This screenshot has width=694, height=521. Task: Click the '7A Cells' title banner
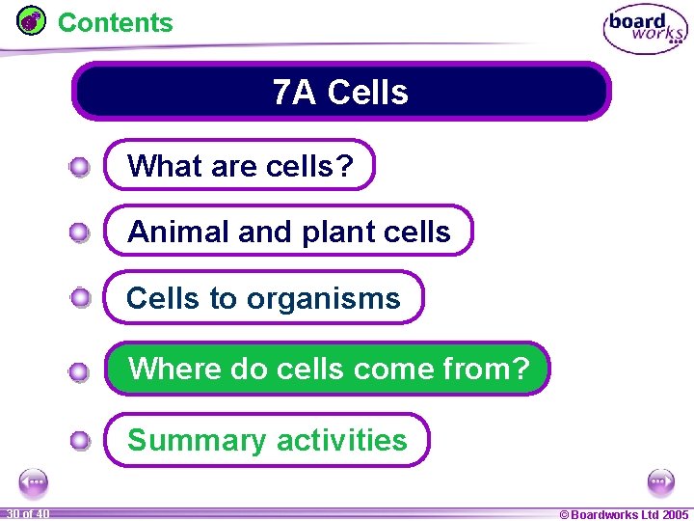point(341,92)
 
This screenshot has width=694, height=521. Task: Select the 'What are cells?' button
point(239,166)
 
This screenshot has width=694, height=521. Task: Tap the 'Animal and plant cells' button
point(288,232)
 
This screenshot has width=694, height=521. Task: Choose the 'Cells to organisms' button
point(263,298)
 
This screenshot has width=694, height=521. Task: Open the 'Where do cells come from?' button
point(328,369)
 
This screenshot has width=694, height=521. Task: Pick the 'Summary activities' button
point(267,440)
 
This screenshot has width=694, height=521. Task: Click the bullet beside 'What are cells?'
point(80,168)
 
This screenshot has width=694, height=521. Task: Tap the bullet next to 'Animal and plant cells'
point(80,233)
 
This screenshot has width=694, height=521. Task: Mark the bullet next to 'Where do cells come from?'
point(80,370)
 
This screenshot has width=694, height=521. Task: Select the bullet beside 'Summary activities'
point(80,442)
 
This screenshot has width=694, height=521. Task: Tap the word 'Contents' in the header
point(116,22)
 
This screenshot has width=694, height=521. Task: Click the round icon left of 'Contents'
point(32,20)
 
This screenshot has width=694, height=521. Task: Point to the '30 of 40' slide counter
point(27,514)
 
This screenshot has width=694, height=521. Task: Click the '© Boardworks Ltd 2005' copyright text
point(624,514)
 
